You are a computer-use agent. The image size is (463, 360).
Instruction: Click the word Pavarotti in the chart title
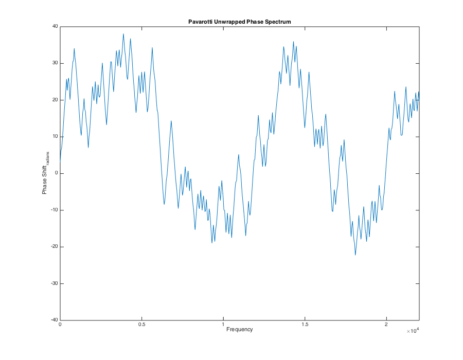pyautogui.click(x=202, y=21)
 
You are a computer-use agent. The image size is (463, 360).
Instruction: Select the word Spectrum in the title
pyautogui.click(x=278, y=21)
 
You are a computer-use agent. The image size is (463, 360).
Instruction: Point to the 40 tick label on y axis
pyautogui.click(x=55, y=27)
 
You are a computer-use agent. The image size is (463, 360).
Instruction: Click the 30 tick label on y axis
pyautogui.click(x=55, y=63)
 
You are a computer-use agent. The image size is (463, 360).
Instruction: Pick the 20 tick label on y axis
pyautogui.click(x=55, y=100)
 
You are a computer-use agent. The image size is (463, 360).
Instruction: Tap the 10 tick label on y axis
pyautogui.click(x=55, y=137)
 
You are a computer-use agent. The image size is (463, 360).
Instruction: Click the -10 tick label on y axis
pyautogui.click(x=54, y=210)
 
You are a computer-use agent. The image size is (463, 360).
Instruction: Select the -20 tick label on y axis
pyautogui.click(x=54, y=247)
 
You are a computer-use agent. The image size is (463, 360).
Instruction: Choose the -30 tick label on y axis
pyautogui.click(x=54, y=283)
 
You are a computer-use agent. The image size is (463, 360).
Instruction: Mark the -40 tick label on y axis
pyautogui.click(x=54, y=320)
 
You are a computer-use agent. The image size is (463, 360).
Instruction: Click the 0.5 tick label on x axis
pyautogui.click(x=141, y=325)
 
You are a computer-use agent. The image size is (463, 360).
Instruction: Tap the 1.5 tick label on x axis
pyautogui.click(x=305, y=325)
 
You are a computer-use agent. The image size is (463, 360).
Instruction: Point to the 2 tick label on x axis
pyautogui.click(x=386, y=325)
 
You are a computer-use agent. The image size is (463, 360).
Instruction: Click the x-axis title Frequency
pyautogui.click(x=240, y=330)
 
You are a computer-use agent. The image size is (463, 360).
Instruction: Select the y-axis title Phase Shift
pyautogui.click(x=45, y=177)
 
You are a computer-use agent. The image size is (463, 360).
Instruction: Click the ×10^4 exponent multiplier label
pyautogui.click(x=414, y=331)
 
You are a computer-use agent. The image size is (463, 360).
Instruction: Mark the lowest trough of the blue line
pyautogui.click(x=355, y=255)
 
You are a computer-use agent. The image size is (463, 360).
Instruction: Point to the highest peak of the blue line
pyautogui.click(x=123, y=34)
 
